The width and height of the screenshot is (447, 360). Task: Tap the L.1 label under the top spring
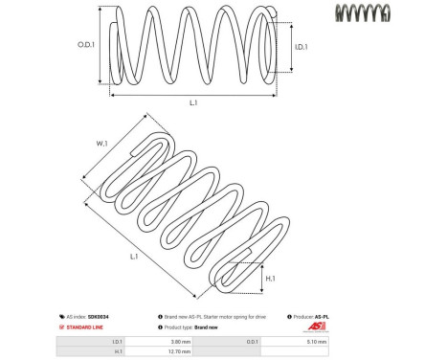[193, 102]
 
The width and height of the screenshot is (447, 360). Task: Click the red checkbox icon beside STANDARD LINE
[63, 326]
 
